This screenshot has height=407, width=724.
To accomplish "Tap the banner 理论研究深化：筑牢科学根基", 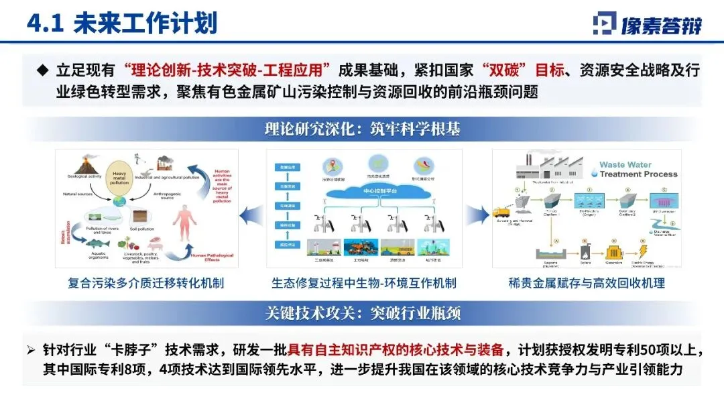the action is (362, 129).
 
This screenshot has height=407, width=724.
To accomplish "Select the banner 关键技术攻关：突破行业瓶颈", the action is (362, 313).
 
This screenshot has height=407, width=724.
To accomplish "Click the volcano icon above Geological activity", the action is (83, 162).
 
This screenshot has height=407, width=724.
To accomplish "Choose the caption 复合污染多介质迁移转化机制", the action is (145, 283).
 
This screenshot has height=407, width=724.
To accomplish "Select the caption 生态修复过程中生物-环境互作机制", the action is (364, 283).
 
